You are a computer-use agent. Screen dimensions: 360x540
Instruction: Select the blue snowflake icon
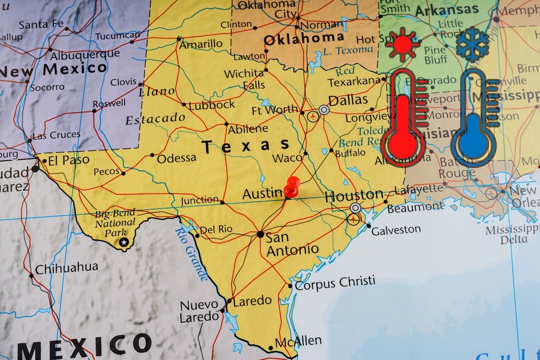[472, 44]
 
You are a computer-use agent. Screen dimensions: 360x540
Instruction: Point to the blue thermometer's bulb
[473, 143]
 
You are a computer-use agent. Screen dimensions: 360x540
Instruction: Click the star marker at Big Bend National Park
[124, 243]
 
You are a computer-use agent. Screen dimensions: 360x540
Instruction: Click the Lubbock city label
[211, 105]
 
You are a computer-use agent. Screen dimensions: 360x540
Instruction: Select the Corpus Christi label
[335, 283]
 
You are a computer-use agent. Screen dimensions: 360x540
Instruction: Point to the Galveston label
[396, 229]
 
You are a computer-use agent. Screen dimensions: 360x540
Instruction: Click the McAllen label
[298, 341]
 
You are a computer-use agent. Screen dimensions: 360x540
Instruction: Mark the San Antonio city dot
[260, 234]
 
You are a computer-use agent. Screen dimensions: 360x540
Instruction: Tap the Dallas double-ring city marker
[324, 109]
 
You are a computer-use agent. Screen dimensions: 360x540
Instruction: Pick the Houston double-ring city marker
[355, 207]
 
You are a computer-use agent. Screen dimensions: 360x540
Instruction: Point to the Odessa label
[176, 157]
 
